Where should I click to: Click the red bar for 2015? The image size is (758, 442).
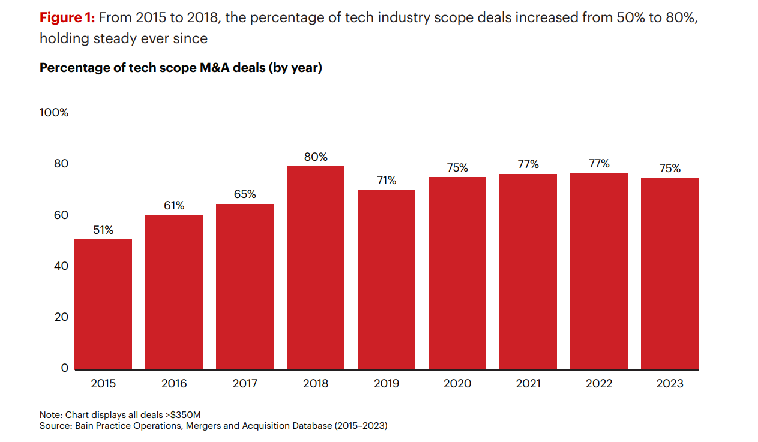103,304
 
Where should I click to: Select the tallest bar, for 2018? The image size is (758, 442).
316,267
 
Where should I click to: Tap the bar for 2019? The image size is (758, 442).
387,279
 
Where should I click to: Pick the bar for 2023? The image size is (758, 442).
670,273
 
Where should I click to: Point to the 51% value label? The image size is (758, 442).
103,230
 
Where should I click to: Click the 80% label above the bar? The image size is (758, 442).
316,157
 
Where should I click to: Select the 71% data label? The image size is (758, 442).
387,181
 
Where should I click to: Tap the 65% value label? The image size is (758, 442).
245,194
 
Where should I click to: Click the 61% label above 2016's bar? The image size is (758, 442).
174,206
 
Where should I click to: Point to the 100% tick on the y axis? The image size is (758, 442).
54,113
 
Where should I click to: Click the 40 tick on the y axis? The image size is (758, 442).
62,266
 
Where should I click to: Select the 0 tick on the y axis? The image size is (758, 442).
65,368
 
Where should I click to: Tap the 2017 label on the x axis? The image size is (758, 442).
245,384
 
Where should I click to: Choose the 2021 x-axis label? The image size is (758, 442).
528,384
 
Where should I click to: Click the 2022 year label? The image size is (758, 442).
599,384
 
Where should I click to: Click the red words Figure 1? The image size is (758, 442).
67,17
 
